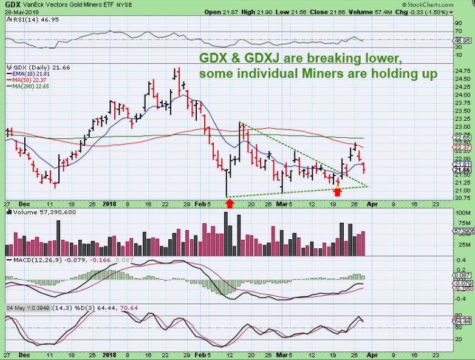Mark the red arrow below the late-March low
coord(338,191)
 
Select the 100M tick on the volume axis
coord(463,214)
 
